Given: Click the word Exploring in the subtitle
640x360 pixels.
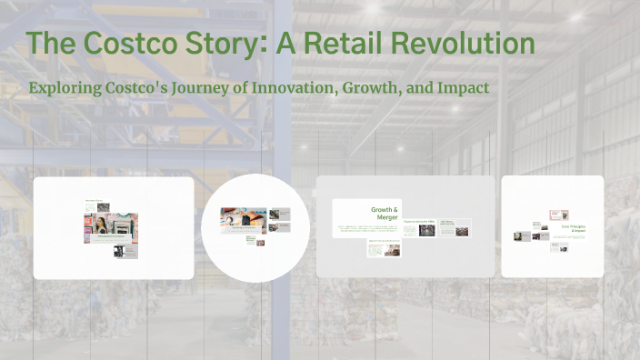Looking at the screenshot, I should [65, 87].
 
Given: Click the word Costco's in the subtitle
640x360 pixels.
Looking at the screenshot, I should [145, 87].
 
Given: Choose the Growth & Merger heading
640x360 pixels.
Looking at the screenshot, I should [385, 214].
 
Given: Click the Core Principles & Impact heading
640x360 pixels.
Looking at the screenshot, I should [573, 229].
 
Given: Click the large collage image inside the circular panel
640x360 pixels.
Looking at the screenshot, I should [243, 216].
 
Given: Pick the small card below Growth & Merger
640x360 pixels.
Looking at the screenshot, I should [384, 247].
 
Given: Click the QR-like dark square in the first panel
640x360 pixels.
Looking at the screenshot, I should [119, 252].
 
